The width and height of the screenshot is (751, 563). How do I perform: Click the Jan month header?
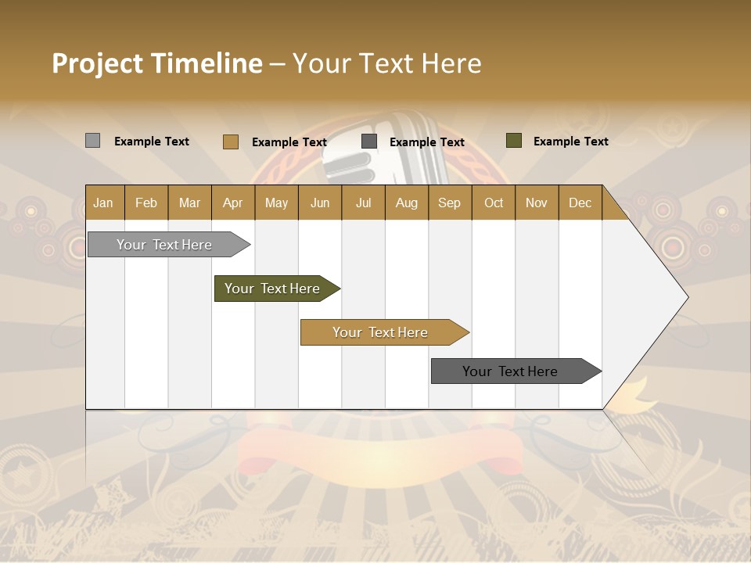pyautogui.click(x=103, y=203)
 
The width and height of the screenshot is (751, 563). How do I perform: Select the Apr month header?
pyautogui.click(x=232, y=203)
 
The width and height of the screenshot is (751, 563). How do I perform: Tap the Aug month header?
pyautogui.click(x=406, y=203)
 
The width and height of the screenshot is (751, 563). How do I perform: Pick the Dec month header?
pyautogui.click(x=580, y=203)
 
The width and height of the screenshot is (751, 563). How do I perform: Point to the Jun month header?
pyautogui.click(x=319, y=203)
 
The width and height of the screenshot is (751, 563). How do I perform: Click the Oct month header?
pyautogui.click(x=493, y=203)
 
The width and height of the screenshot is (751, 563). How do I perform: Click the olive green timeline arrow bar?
pyautogui.click(x=274, y=289)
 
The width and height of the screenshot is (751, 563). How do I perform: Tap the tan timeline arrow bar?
pyautogui.click(x=382, y=332)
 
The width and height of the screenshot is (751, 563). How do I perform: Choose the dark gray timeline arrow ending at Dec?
pyautogui.click(x=512, y=371)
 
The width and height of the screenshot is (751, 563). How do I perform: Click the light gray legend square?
pyautogui.click(x=92, y=141)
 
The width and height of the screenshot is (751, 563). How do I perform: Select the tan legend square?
pyautogui.click(x=230, y=142)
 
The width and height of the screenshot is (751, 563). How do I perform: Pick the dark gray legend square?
pyautogui.click(x=369, y=142)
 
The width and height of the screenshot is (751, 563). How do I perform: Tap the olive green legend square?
pyautogui.click(x=513, y=141)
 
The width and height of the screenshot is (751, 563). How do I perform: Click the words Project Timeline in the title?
pyautogui.click(x=156, y=63)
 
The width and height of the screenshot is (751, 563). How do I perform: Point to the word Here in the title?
pyautogui.click(x=451, y=63)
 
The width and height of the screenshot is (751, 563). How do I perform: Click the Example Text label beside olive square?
pyautogui.click(x=570, y=141)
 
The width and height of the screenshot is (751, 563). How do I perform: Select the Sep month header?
pyautogui.click(x=449, y=203)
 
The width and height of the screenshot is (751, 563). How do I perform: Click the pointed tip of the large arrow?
pyautogui.click(x=687, y=297)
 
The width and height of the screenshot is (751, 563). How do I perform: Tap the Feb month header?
pyautogui.click(x=146, y=203)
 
